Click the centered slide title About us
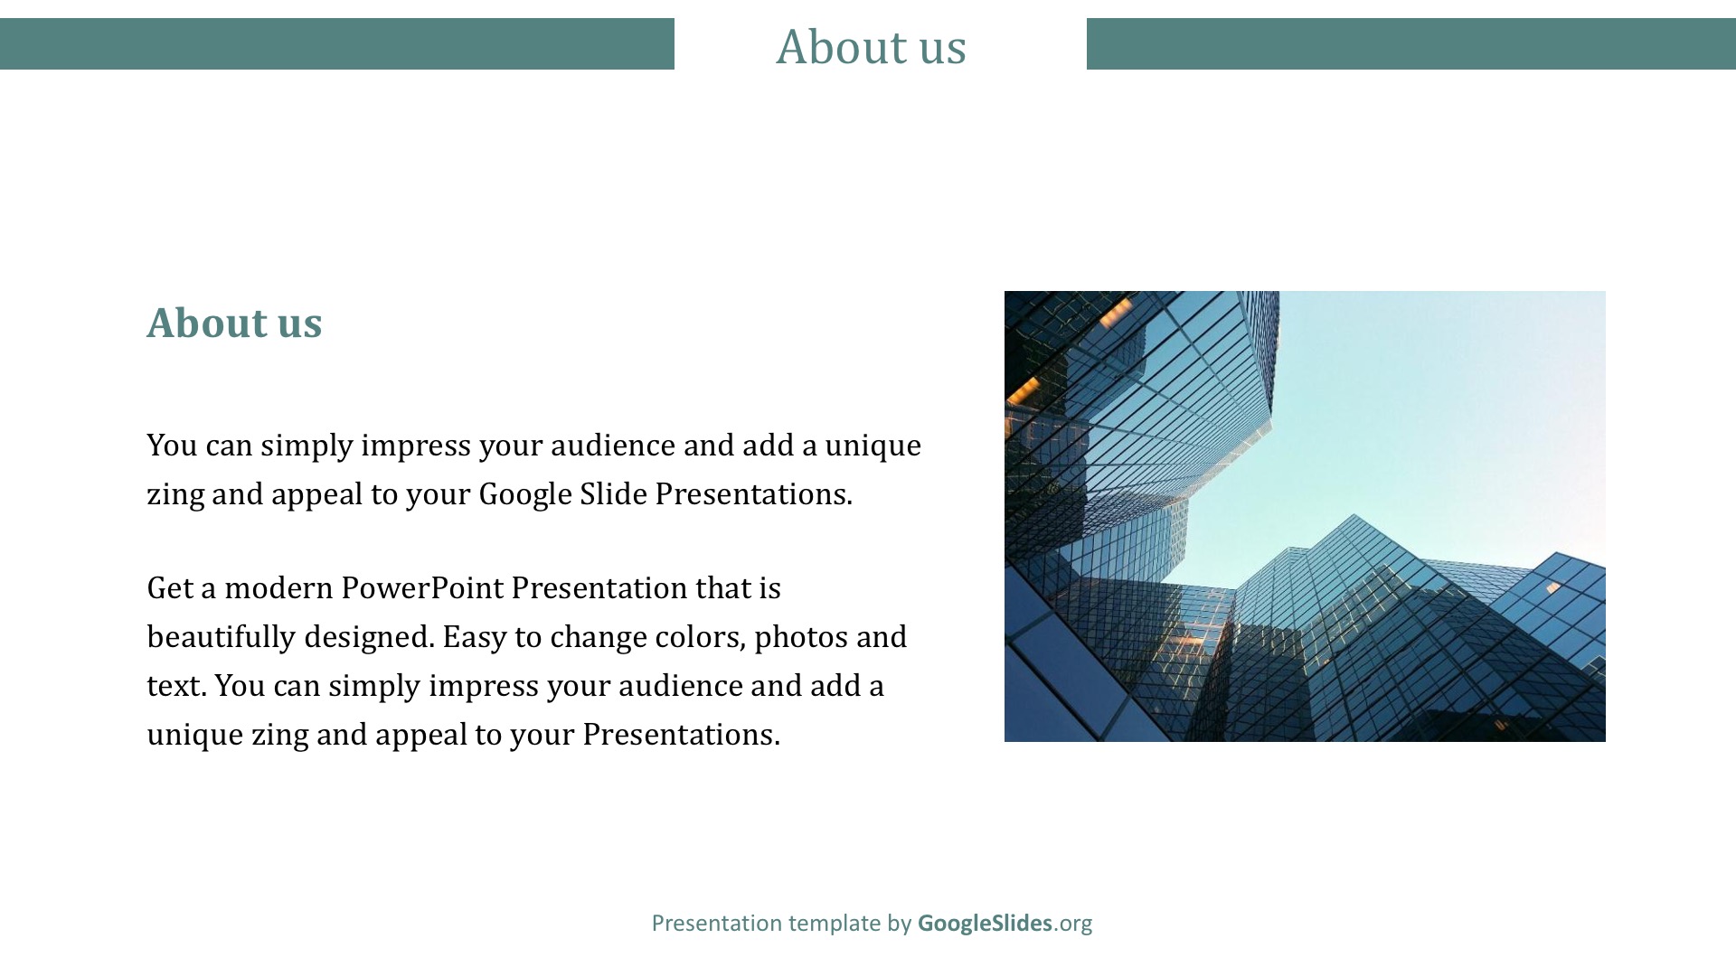pyautogui.click(x=871, y=46)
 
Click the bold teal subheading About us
pyautogui.click(x=234, y=323)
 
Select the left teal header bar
pyautogui.click(x=337, y=43)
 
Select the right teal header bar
pyautogui.click(x=1411, y=43)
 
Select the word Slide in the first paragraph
pyautogui.click(x=614, y=493)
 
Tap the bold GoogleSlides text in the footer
pyautogui.click(x=985, y=923)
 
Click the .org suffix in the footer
pyautogui.click(x=1072, y=924)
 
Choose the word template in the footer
pyautogui.click(x=835, y=924)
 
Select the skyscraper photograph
pyautogui.click(x=1305, y=516)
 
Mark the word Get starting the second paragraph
pyautogui.click(x=170, y=588)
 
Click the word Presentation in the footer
pyautogui.click(x=716, y=923)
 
